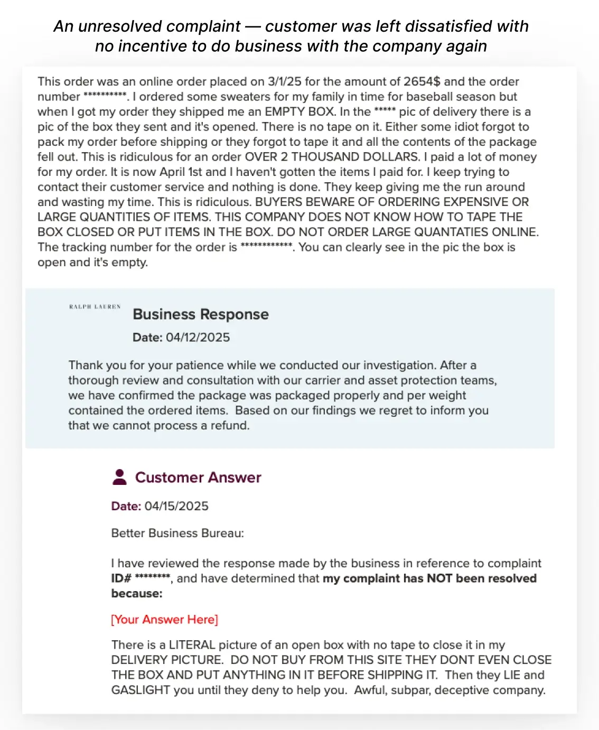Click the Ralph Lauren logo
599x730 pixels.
click(x=95, y=306)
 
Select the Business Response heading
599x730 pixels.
click(x=201, y=314)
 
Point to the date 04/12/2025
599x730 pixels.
click(x=198, y=338)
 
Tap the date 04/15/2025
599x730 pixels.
click(x=176, y=506)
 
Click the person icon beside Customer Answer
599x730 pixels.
click(x=120, y=477)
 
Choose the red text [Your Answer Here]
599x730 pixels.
click(x=164, y=619)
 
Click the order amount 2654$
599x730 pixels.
click(x=422, y=81)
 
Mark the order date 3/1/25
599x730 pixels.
click(x=284, y=81)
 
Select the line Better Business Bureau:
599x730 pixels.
click(x=177, y=533)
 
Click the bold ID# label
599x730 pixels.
click(x=121, y=578)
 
